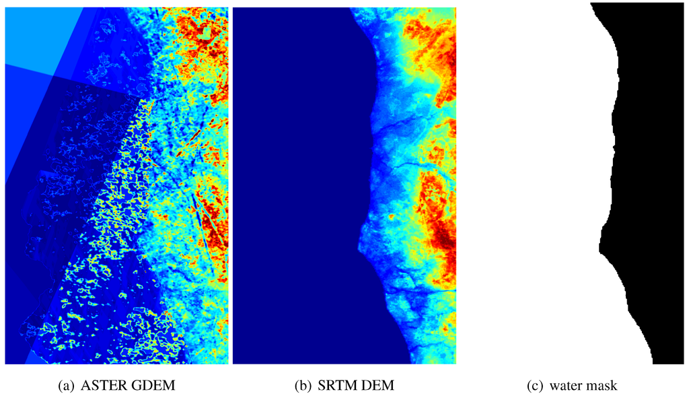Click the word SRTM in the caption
335,386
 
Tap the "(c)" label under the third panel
535,386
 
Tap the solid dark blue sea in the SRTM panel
296,189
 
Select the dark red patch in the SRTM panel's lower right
441,236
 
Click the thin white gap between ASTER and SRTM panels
231,182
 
